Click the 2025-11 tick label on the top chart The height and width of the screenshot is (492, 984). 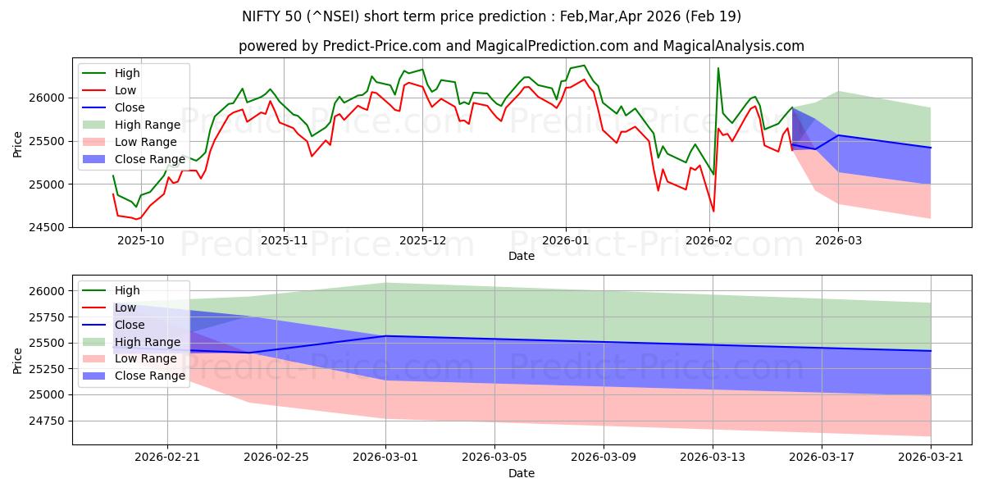click(x=284, y=240)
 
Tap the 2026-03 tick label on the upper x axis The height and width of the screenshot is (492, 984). click(x=838, y=240)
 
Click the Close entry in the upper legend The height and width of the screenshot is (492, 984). click(x=130, y=107)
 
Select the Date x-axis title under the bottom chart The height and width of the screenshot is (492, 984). click(x=521, y=473)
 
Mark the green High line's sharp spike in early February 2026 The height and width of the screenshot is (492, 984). click(x=718, y=68)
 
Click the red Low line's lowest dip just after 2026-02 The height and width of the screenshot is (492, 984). click(x=713, y=212)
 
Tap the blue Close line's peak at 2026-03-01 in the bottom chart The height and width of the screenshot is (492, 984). click(x=385, y=336)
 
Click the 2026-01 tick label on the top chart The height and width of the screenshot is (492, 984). click(x=565, y=240)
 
